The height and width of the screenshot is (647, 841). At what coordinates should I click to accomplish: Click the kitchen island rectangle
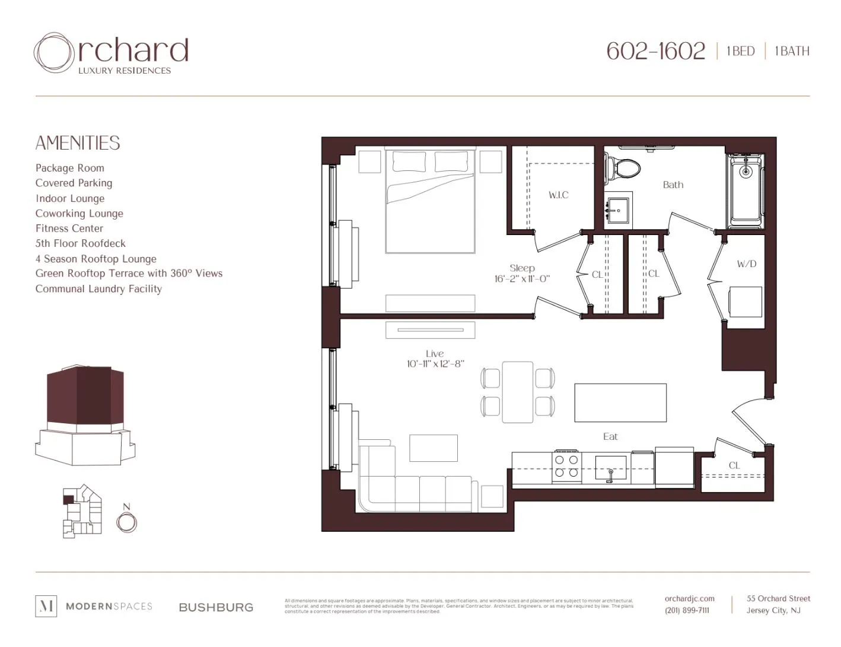click(x=620, y=403)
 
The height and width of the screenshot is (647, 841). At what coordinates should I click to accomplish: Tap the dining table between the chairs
click(x=517, y=392)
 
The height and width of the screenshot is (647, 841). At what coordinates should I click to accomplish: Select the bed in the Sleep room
click(x=430, y=202)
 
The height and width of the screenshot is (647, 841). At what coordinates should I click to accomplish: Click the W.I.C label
click(x=558, y=195)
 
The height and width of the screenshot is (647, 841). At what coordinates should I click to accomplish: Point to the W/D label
click(x=746, y=264)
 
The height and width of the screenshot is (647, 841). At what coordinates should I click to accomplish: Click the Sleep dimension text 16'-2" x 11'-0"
click(x=522, y=279)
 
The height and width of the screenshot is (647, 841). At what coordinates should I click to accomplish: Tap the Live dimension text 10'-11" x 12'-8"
click(x=435, y=364)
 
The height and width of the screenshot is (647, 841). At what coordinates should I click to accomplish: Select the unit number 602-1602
click(x=655, y=51)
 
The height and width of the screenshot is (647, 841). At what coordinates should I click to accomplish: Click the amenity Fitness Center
click(x=69, y=229)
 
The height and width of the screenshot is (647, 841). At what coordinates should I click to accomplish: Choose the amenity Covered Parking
click(x=74, y=183)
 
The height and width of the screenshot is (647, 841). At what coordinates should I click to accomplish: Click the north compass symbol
click(x=126, y=522)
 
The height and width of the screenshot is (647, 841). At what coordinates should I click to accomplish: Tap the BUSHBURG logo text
click(x=216, y=607)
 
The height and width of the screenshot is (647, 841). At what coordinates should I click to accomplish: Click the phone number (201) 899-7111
click(x=686, y=610)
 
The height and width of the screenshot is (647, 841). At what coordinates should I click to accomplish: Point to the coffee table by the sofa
click(x=433, y=448)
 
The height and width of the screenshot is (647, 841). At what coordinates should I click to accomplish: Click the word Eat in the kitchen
click(x=610, y=437)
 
